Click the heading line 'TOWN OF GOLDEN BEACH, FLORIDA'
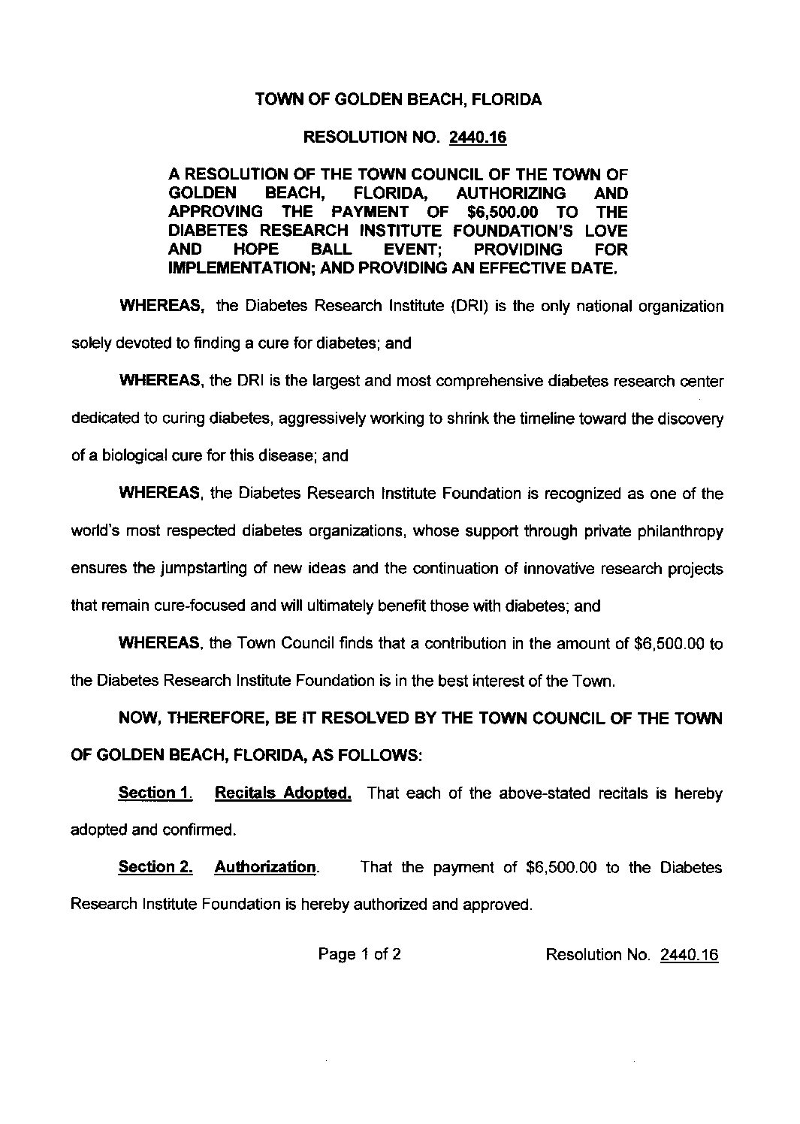pyautogui.click(x=399, y=100)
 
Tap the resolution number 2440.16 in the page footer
pyautogui.click(x=689, y=955)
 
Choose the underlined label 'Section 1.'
pyautogui.click(x=155, y=793)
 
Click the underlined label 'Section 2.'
pyautogui.click(x=155, y=868)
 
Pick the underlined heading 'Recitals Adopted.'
pyautogui.click(x=283, y=793)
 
